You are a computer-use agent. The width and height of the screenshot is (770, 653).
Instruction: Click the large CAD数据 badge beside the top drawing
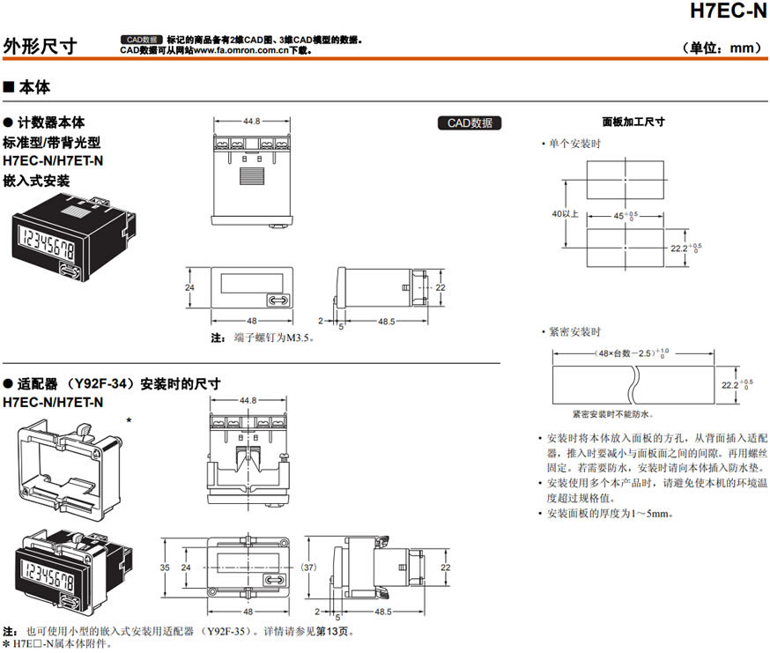coord(470,123)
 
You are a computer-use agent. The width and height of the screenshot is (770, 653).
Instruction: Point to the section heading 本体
coord(34,88)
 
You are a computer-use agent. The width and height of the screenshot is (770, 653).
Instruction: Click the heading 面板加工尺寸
coord(633,122)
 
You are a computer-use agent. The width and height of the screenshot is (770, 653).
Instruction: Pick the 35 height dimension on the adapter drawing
coord(164,568)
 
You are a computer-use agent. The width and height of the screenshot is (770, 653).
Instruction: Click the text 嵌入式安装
coord(37,180)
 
